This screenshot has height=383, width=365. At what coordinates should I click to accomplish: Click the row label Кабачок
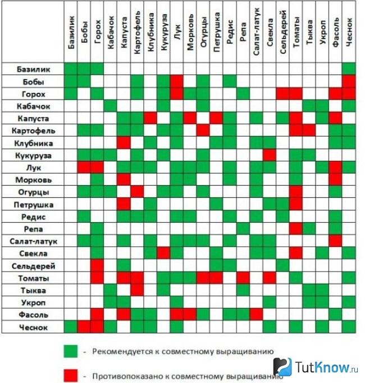click(33, 106)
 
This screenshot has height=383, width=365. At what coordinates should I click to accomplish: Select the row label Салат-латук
click(33, 241)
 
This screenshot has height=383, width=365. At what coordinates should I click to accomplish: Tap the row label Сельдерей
click(33, 266)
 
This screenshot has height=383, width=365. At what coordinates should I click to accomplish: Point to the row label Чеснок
click(33, 327)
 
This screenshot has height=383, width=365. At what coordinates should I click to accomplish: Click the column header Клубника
click(150, 32)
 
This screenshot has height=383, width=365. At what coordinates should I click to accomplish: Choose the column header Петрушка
click(217, 32)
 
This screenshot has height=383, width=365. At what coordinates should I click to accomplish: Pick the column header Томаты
click(296, 32)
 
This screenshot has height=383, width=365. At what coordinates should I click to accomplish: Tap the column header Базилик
click(71, 32)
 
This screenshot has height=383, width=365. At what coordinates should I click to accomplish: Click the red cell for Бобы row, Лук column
click(177, 82)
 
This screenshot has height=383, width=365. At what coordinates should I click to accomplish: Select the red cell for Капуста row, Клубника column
click(150, 118)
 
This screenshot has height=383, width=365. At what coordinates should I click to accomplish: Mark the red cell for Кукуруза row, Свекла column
click(270, 155)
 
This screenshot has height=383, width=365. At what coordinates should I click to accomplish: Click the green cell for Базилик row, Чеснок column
click(349, 69)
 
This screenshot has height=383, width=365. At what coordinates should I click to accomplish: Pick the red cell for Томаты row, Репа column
click(243, 278)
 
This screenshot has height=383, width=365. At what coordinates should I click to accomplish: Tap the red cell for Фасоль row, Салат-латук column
click(256, 314)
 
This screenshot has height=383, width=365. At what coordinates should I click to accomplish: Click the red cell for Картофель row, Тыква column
click(309, 130)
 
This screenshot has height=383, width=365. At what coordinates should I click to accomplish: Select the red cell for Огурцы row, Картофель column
click(137, 192)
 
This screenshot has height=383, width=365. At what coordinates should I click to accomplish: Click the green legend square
click(71, 352)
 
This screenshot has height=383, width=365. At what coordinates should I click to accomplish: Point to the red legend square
click(71, 376)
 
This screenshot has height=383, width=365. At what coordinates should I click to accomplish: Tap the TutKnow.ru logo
click(316, 367)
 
